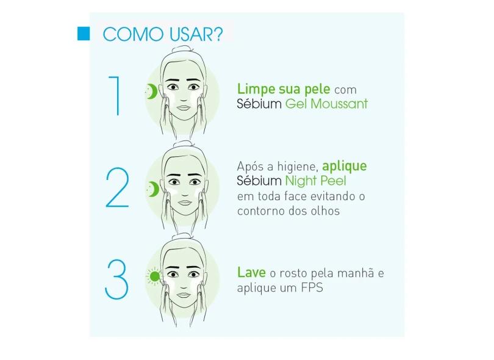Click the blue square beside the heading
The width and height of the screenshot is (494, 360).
point(84,34)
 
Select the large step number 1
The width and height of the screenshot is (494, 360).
point(115,96)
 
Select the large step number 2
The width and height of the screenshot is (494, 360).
point(117,187)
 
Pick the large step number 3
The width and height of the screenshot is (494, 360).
point(116,279)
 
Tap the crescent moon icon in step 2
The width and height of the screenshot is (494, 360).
point(153,189)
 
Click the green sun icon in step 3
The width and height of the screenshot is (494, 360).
point(154,276)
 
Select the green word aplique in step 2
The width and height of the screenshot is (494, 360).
point(345,167)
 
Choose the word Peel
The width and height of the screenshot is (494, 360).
point(333,181)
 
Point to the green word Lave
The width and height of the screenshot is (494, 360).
point(251,272)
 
